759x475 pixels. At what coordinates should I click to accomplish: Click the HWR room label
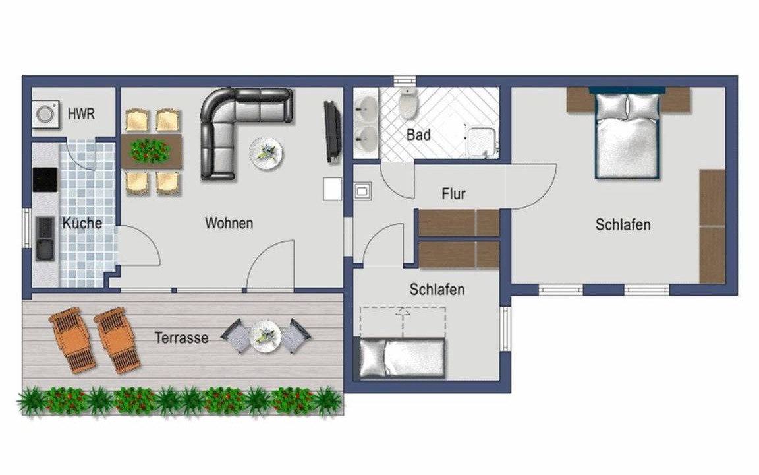pyautogui.click(x=81, y=114)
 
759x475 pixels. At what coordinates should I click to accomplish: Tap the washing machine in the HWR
pyautogui.click(x=46, y=114)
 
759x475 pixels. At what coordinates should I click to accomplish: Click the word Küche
pyautogui.click(x=82, y=223)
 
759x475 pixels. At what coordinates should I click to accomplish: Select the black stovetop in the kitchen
pyautogui.click(x=45, y=180)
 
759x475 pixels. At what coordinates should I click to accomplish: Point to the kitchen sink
pyautogui.click(x=45, y=238)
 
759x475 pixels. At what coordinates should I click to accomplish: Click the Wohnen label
pyautogui.click(x=229, y=223)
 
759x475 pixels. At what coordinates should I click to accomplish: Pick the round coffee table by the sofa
pyautogui.click(x=266, y=153)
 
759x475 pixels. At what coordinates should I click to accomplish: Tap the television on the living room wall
pyautogui.click(x=332, y=131)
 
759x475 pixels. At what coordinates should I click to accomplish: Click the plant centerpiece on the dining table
pyautogui.click(x=150, y=150)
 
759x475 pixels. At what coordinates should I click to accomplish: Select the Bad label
pyautogui.click(x=418, y=135)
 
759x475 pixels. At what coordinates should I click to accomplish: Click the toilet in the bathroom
pyautogui.click(x=408, y=103)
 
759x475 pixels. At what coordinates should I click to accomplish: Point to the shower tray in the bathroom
pyautogui.click(x=482, y=141)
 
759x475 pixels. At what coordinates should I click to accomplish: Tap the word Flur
pyautogui.click(x=453, y=194)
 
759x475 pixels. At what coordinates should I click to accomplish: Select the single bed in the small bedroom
pyautogui.click(x=401, y=358)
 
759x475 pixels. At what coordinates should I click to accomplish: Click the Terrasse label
pyautogui.click(x=182, y=338)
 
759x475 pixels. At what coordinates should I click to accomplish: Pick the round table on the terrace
pyautogui.click(x=266, y=336)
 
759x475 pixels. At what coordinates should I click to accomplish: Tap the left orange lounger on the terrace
pyautogui.click(x=72, y=340)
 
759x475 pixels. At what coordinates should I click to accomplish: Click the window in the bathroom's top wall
pyautogui.click(x=405, y=81)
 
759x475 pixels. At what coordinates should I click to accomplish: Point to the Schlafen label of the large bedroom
pyautogui.click(x=623, y=224)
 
